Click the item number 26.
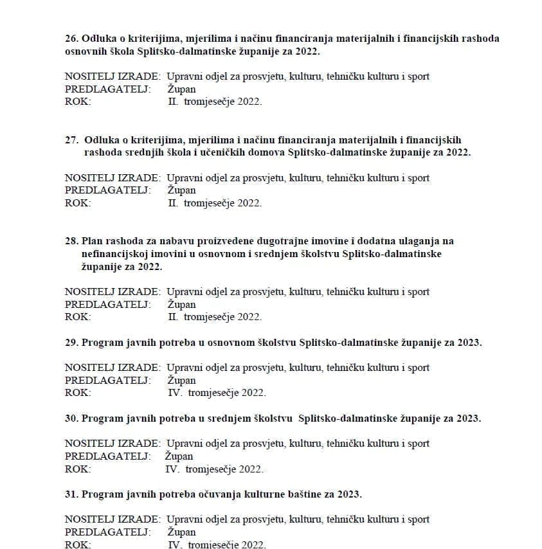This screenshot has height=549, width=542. [x=71, y=39]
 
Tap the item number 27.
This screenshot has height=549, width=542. [x=71, y=140]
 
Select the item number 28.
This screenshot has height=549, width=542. [x=71, y=241]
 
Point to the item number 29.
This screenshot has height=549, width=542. [x=71, y=343]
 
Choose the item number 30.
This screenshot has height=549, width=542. [x=71, y=419]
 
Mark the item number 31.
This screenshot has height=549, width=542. [x=71, y=494]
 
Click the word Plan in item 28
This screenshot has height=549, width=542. [x=92, y=241]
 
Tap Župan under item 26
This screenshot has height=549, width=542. [x=181, y=89]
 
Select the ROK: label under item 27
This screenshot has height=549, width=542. [x=78, y=203]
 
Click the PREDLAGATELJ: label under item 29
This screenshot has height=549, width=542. [x=108, y=381]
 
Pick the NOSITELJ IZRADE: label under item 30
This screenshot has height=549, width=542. [x=113, y=444]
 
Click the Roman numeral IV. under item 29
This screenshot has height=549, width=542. [x=175, y=393]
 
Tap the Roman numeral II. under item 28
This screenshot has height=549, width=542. [x=173, y=317]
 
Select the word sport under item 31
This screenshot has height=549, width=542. [x=417, y=519]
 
